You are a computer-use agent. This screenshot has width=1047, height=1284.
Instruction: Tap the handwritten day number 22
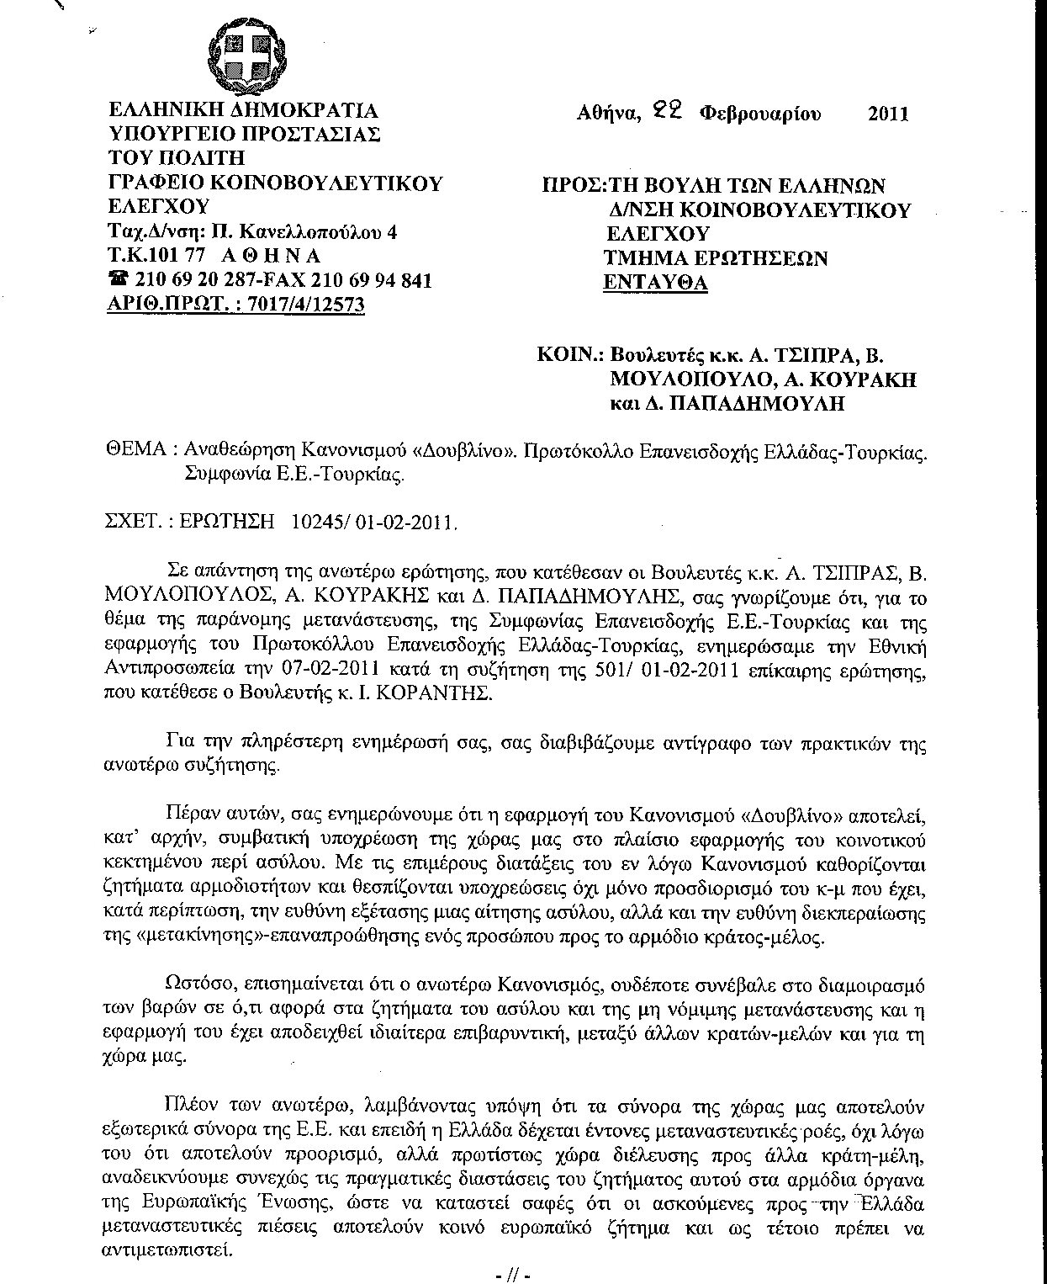point(670,110)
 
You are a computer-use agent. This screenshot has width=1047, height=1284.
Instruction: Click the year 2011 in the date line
point(887,113)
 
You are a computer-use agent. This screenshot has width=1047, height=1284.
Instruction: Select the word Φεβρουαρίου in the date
point(759,113)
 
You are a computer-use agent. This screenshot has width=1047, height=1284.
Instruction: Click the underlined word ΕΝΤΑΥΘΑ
point(656,283)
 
